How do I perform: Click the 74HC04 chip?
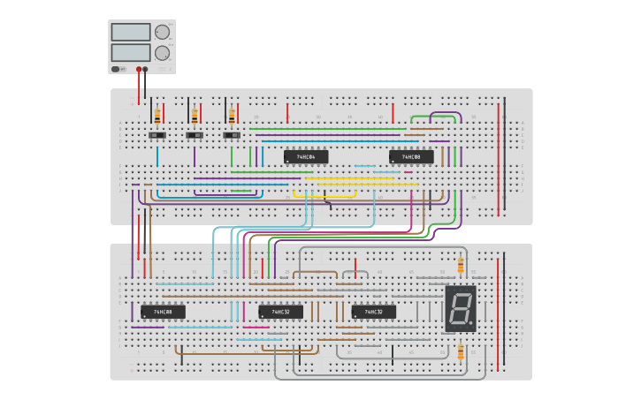pos(306,157)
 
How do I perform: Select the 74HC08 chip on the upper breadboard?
pos(411,157)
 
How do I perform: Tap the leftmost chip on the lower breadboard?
pos(163,312)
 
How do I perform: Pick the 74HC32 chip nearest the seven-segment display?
pos(373,312)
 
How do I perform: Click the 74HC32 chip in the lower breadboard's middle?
pos(280,312)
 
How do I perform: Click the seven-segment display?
pos(460,308)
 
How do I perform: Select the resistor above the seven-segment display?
pos(461,265)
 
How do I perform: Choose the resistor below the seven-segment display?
pos(461,352)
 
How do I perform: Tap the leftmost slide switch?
pos(157,135)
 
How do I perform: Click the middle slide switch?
pos(195,135)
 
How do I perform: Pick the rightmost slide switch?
pos(232,135)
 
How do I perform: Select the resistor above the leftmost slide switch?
pos(157,116)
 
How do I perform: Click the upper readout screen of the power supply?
pos(131,32)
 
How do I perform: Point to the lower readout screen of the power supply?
pos(131,52)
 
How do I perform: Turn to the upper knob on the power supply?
pos(162,32)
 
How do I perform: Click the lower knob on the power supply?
pos(162,53)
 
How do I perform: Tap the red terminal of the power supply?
pos(138,69)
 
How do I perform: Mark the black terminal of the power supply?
pos(145,69)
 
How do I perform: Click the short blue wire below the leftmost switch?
pos(157,156)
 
